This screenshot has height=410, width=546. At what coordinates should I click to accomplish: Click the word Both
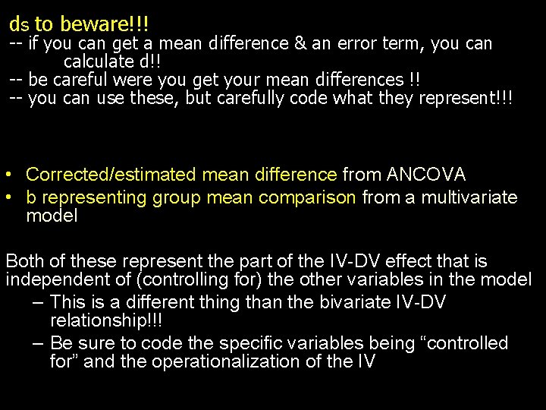[x=27, y=262]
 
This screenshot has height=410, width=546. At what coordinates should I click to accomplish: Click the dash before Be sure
[x=37, y=343]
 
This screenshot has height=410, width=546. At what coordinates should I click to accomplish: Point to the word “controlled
[x=463, y=343]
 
